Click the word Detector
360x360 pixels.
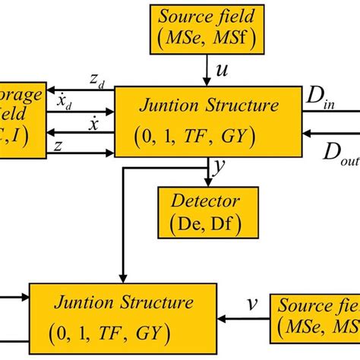tap(204, 201)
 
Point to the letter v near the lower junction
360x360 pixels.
tap(252, 305)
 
